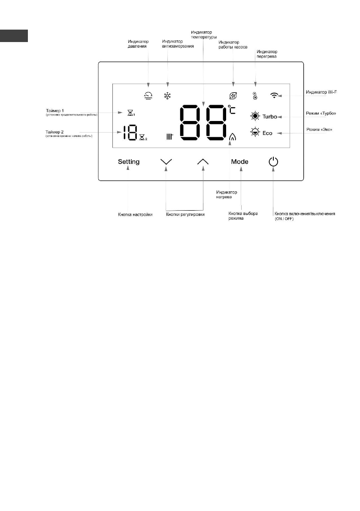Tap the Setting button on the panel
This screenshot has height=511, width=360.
[129, 162]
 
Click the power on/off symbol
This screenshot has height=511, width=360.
[273, 162]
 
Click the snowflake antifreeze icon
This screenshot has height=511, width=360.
[168, 96]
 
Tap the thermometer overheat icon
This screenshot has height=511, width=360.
[255, 96]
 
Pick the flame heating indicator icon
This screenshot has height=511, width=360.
[233, 137]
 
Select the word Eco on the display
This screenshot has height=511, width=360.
[267, 133]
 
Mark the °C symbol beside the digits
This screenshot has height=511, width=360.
[232, 110]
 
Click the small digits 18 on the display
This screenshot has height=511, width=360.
[130, 133]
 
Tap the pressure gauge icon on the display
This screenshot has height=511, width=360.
[148, 96]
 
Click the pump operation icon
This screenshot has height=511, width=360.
[233, 96]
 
